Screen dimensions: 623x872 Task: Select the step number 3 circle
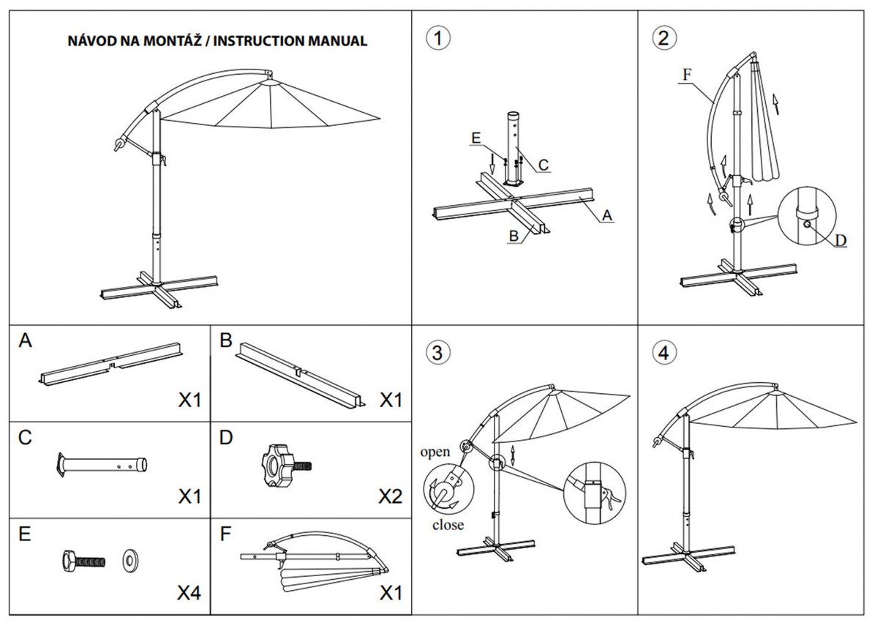[437, 353]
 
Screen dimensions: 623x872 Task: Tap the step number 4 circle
[663, 353]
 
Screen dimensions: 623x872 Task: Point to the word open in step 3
[435, 452]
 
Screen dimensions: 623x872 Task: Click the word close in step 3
[447, 524]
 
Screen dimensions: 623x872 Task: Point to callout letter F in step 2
[685, 74]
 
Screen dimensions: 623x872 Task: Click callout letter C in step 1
[543, 166]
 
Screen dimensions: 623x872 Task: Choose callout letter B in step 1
[514, 236]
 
